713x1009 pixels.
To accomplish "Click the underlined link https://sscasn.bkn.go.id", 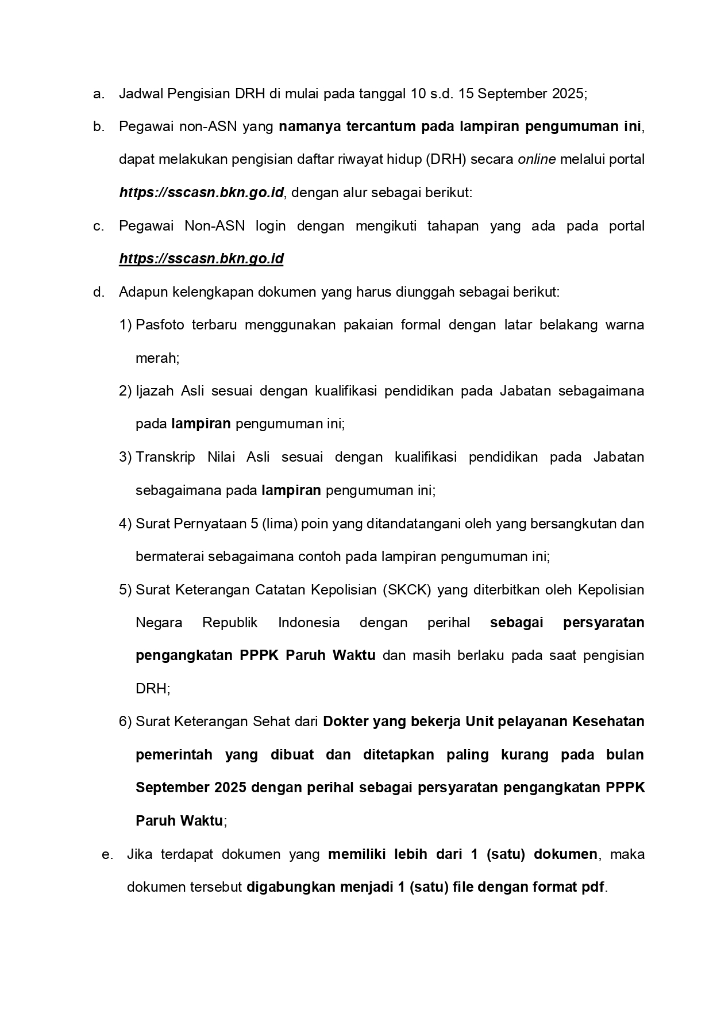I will pos(201,259).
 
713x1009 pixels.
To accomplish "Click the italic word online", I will pos(537,159).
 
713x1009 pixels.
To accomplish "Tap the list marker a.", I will pos(98,94).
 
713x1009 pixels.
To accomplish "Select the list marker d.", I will pos(98,292).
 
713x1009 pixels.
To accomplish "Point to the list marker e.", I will pos(107,854).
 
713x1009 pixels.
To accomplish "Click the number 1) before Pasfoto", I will pos(125,325).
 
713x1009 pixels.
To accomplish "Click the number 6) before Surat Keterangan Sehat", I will pos(125,722).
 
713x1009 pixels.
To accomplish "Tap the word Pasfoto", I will pos(160,325).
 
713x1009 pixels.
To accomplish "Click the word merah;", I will pos(157,358).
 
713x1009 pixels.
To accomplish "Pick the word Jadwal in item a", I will pos(140,94).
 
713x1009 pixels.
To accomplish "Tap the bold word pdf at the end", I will pos(593,887).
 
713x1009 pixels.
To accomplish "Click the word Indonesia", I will pos(309,623).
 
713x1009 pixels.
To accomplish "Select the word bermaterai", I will pos(169,557).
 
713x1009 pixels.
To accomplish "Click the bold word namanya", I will pos(310,126).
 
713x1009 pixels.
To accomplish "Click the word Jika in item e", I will pos(139,854).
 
